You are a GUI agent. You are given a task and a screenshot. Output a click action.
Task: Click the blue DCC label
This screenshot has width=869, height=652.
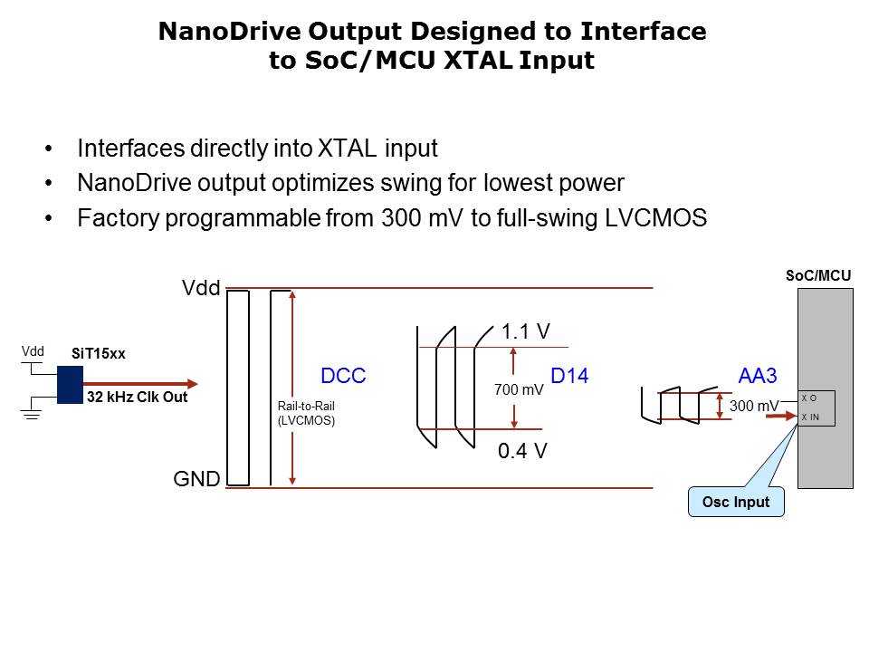[343, 376]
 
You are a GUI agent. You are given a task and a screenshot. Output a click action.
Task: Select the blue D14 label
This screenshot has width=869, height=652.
[569, 376]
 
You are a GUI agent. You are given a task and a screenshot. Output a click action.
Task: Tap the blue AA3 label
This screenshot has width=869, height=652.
[758, 376]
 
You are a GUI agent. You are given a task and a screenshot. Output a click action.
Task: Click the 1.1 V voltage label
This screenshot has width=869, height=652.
[525, 332]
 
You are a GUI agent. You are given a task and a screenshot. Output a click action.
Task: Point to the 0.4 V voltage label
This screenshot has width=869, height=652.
[522, 450]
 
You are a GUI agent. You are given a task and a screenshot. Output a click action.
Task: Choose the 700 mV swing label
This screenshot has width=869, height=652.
[519, 391]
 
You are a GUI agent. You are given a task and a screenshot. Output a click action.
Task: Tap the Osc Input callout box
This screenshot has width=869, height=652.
[735, 502]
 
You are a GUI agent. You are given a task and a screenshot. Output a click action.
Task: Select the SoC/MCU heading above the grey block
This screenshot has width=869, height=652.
[817, 275]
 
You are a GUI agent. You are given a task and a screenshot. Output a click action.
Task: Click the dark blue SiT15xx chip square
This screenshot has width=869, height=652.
[70, 385]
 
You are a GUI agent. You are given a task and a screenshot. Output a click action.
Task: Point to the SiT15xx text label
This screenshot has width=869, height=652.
[99, 354]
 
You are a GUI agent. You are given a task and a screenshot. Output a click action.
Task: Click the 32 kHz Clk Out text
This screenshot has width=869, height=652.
[137, 397]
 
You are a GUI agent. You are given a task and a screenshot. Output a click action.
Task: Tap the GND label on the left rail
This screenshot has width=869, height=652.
[196, 480]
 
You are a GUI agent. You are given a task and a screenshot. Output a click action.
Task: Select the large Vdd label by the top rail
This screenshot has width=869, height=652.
[201, 289]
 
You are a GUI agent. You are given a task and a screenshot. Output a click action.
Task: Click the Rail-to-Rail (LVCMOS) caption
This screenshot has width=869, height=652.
[306, 413]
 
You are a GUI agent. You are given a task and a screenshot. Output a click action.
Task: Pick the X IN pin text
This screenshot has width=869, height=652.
[811, 417]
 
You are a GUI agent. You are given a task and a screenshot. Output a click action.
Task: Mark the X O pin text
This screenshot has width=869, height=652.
[808, 398]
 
